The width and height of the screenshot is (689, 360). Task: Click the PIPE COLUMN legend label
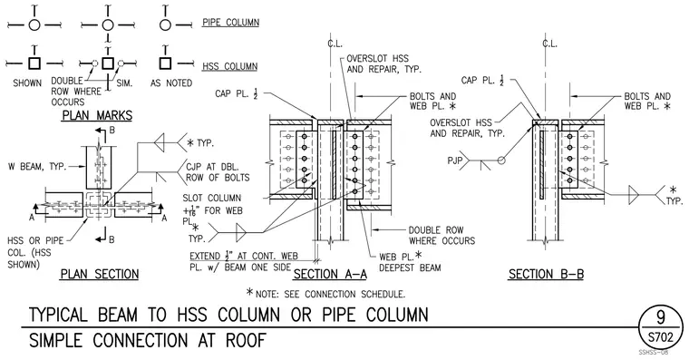pos(230,23)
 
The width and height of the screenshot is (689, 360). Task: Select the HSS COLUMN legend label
pos(229,67)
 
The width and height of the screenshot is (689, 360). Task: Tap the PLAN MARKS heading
pos(97,115)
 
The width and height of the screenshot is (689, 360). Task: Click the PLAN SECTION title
pos(100,274)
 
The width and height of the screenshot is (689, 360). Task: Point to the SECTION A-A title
pos(330,274)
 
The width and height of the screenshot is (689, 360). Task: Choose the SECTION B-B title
pos(546,274)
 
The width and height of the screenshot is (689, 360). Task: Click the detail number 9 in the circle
pos(660,317)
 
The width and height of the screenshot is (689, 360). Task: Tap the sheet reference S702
pos(660,337)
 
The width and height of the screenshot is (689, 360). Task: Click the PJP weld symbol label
pos(455,161)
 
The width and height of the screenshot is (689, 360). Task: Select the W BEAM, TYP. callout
pos(37,167)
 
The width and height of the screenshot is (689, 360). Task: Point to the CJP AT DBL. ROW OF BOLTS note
pos(218,172)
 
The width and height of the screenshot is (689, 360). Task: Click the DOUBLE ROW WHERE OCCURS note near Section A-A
pos(442,236)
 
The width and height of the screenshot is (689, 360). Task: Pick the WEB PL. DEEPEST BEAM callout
pos(410,261)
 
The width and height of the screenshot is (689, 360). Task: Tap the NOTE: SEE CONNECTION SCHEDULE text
pos(325,293)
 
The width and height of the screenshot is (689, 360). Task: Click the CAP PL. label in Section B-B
pos(482,81)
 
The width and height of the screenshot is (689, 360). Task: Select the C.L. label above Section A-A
pos(335,44)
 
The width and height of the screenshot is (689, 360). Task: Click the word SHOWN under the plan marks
pos(27,83)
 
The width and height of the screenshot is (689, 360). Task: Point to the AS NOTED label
pos(171,83)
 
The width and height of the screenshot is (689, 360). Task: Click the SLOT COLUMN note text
pos(212,199)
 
